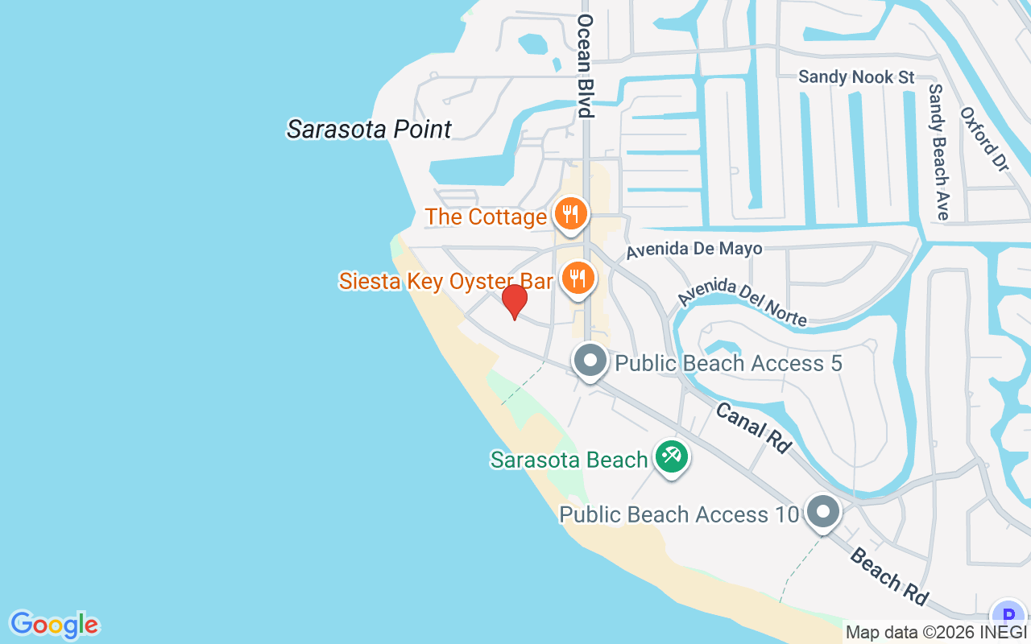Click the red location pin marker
click(514, 301)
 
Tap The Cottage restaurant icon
click(571, 214)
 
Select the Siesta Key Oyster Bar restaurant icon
click(578, 279)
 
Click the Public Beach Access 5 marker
click(590, 361)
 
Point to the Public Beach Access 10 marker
click(822, 511)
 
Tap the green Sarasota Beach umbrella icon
click(670, 457)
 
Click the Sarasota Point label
click(369, 129)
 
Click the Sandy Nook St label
click(856, 77)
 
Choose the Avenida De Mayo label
click(694, 250)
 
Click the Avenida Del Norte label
click(742, 303)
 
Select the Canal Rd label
click(753, 427)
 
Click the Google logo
click(54, 625)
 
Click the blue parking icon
click(1008, 616)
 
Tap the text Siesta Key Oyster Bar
click(445, 281)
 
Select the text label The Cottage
click(486, 217)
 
